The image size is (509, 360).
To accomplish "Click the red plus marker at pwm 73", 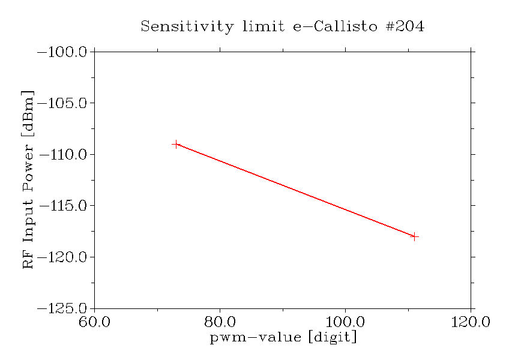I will pos(176,144).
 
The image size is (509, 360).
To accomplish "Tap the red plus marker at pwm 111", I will pos(414,236).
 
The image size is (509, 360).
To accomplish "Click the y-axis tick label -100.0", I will pos(63,52).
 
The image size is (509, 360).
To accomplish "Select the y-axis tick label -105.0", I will pos(63,103).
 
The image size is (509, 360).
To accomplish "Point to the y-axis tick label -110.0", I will pos(63,155).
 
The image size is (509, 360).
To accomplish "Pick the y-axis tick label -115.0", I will pos(63,206).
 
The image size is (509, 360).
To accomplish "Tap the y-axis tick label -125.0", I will pos(63,308).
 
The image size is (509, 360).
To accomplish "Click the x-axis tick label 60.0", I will pos(95,322).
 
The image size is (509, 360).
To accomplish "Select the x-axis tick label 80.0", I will pos(220,322).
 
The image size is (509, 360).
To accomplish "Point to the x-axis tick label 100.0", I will pos(345,322).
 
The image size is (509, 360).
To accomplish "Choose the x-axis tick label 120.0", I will pos(471,322).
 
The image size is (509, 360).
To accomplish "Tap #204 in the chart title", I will pos(404,27).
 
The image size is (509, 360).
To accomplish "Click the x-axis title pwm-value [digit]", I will pos(283,338).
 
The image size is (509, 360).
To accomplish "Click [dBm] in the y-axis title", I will pos(28,112).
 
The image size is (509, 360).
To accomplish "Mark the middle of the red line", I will pos(295,190).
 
